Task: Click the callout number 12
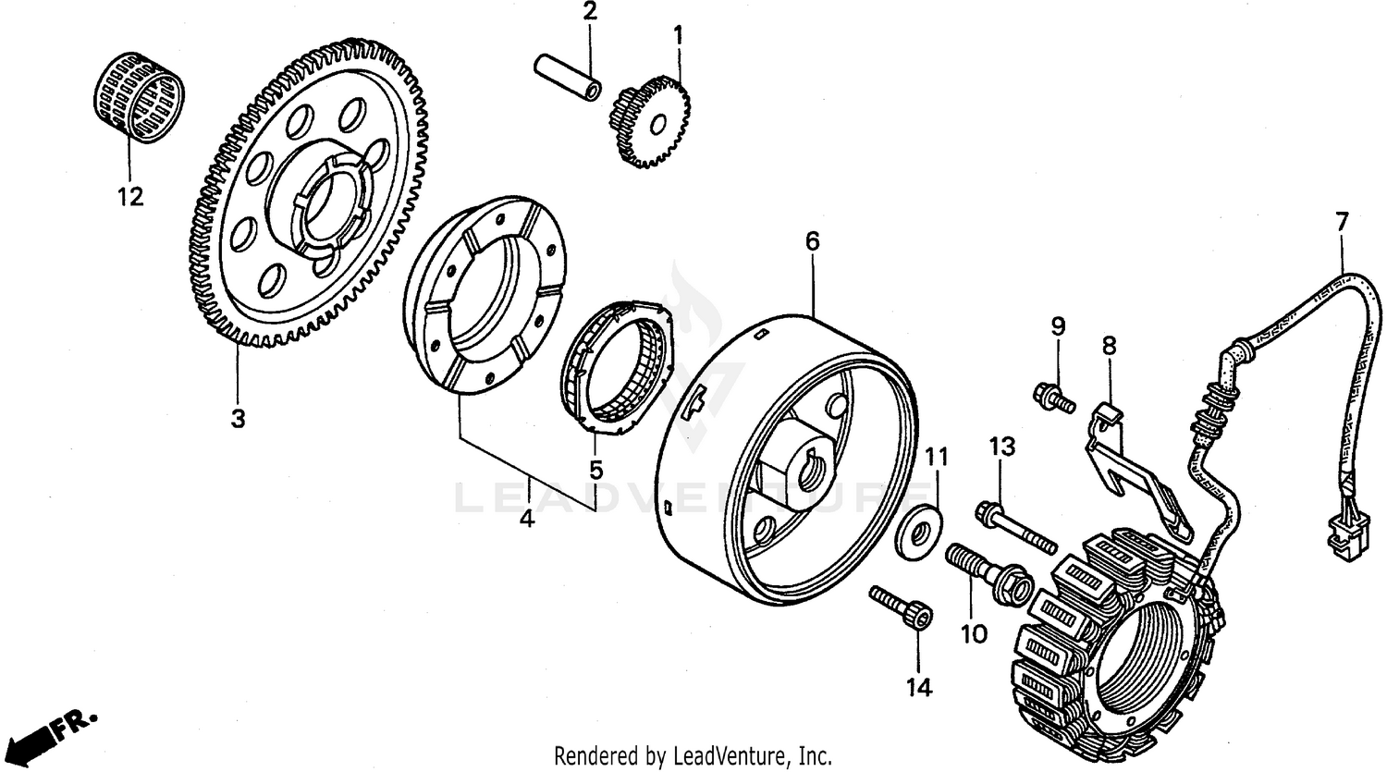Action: [x=130, y=196]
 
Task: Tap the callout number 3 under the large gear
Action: [x=238, y=419]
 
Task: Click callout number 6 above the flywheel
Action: [x=812, y=242]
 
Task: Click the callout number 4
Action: [x=526, y=520]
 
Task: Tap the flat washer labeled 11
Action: [x=918, y=535]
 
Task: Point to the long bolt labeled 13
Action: [x=1014, y=525]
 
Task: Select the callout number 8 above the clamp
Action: [x=1109, y=348]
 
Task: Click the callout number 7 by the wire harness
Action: [x=1342, y=222]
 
